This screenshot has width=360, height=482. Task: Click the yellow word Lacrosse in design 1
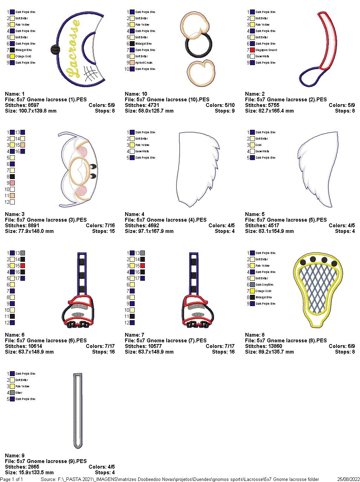click(73, 48)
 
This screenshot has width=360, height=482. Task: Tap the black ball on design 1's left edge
click(54, 50)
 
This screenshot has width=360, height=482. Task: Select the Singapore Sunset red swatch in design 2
click(252, 50)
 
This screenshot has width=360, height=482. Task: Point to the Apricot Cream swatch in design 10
click(132, 63)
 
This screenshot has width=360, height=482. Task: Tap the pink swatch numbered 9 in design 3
click(12, 183)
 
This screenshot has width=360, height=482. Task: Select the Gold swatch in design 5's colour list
click(252, 145)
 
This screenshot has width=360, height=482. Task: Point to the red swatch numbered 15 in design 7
click(142, 266)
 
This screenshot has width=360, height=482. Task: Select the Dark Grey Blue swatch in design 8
click(252, 285)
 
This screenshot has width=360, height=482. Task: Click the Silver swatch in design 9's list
click(12, 393)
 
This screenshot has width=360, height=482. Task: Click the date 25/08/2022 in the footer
click(348, 479)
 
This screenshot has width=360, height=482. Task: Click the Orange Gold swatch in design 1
click(12, 56)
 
